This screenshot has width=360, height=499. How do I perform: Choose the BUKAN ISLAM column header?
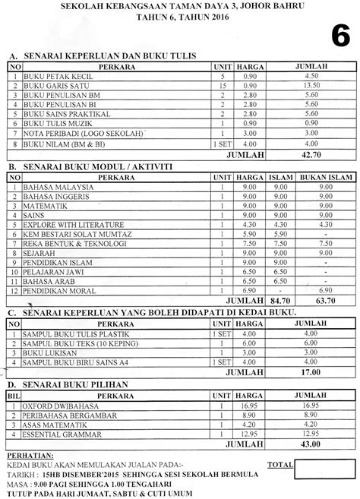[326, 176]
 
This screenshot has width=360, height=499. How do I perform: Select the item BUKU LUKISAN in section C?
[46, 353]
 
